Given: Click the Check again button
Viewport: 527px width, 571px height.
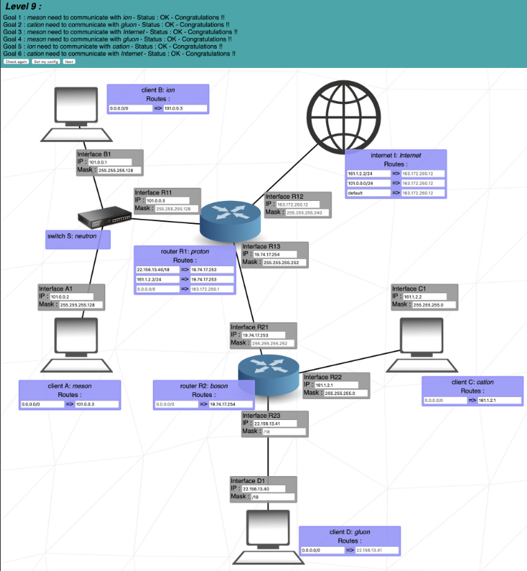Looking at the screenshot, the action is click(16, 62).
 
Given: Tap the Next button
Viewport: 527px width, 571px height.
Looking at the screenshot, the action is click(69, 62).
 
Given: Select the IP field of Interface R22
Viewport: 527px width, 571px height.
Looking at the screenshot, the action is click(339, 385).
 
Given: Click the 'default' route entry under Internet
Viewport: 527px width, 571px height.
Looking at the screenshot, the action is click(367, 193).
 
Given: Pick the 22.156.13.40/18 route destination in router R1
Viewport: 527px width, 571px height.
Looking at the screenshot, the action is click(157, 269).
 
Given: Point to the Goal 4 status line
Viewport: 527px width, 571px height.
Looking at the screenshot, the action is click(118, 39).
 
